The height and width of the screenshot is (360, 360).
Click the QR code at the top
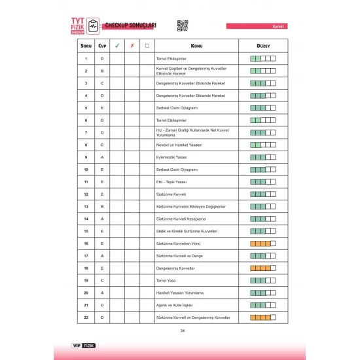pos(183,26)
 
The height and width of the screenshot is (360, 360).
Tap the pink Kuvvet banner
pos(263,27)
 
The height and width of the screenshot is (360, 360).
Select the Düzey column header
pos(262,46)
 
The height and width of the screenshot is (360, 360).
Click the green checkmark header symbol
pos(117,46)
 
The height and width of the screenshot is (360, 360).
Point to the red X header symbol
pos(132,46)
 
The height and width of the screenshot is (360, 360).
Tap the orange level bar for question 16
pos(262,243)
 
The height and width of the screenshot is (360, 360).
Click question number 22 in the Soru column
pos(86,317)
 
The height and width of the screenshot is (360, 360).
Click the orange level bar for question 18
pos(262,268)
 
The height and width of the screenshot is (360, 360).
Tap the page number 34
pos(182,330)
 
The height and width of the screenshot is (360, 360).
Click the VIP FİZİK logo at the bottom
pos(83,345)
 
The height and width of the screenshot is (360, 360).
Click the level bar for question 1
pos(262,58)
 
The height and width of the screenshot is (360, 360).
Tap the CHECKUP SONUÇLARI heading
pos(130,26)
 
